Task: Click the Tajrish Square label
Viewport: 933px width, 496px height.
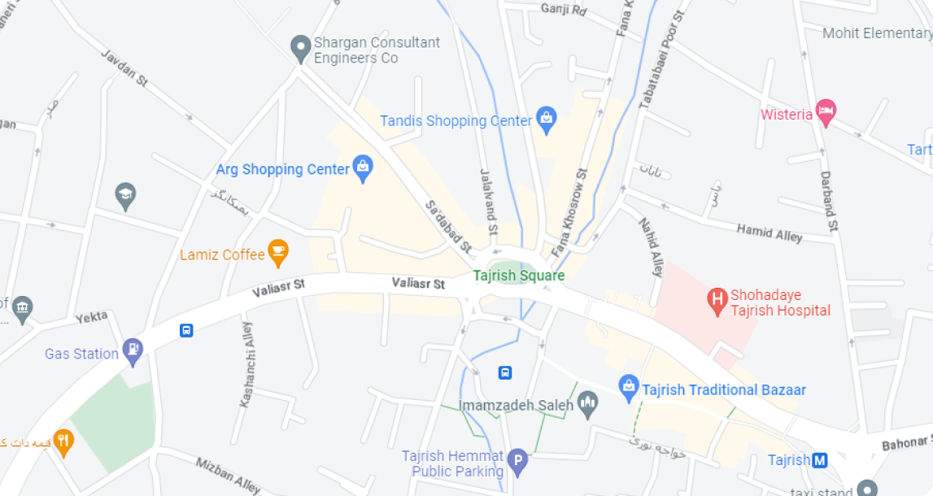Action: pos(518,275)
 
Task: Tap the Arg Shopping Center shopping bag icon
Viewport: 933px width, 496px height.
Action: pos(363,168)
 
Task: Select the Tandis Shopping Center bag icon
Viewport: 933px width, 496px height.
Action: pos(547,121)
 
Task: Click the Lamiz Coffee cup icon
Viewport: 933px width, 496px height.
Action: pos(278,254)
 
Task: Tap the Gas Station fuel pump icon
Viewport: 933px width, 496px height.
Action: pos(133,351)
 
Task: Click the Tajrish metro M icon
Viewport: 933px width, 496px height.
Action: pos(820,460)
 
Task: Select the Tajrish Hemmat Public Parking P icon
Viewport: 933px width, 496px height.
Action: pos(518,464)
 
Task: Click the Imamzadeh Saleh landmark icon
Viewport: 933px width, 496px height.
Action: pos(588,403)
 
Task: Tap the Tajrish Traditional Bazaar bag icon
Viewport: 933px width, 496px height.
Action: pos(628,389)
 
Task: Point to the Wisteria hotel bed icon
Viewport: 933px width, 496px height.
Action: pos(826,114)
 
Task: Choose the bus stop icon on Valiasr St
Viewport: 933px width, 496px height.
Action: pos(186,331)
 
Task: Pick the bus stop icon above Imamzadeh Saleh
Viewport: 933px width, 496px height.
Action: pos(505,372)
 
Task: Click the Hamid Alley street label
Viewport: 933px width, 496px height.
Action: pos(770,233)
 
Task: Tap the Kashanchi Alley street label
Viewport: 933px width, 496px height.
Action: pos(247,364)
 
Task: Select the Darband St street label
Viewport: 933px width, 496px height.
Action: pos(828,203)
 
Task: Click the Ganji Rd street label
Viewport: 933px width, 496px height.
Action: pos(563,10)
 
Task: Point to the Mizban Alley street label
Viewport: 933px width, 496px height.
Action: pos(228,475)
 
